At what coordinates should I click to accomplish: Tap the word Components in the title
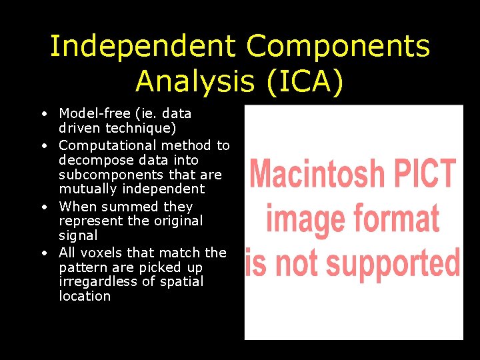pyautogui.click(x=338, y=47)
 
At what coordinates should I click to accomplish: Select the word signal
pyautogui.click(x=78, y=235)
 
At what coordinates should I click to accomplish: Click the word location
pyautogui.click(x=85, y=296)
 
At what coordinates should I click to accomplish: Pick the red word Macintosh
pyautogui.click(x=316, y=174)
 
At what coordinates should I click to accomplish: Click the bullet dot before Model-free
pyautogui.click(x=42, y=114)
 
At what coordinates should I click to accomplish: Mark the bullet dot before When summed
pyautogui.click(x=42, y=207)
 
